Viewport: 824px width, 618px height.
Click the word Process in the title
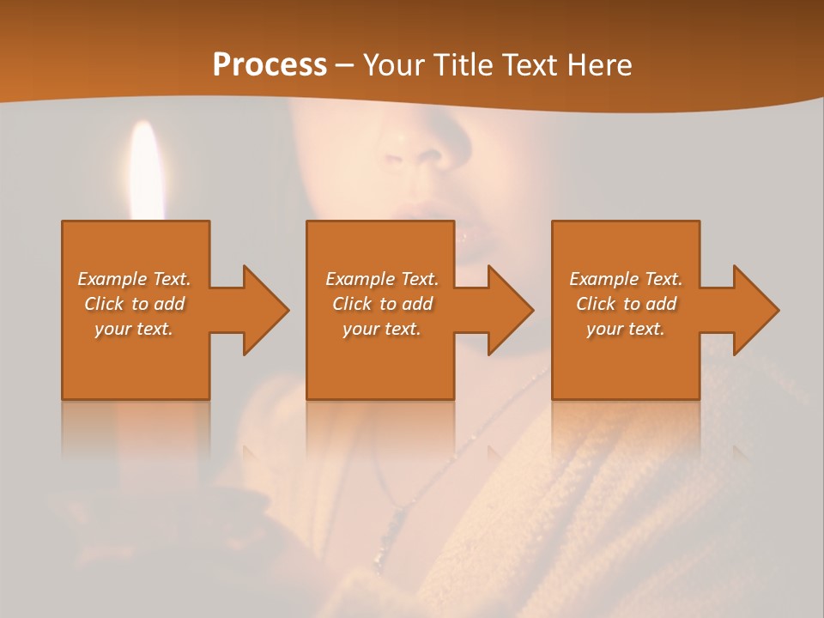coord(270,65)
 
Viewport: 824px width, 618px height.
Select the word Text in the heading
coord(529,65)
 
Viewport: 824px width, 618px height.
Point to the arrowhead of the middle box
coord(509,310)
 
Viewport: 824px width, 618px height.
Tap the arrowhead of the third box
coord(754,310)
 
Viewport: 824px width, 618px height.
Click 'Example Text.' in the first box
coord(134,279)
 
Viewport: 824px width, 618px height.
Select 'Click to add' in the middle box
coord(382,304)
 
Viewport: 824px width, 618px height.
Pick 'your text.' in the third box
coord(626,329)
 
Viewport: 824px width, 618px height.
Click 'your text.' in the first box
coord(134,329)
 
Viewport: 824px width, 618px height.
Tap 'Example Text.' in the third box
coord(626,279)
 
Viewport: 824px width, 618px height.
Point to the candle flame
coord(147,167)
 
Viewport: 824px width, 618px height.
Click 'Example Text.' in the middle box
coord(382,279)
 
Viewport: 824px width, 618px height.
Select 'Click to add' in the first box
coord(134,304)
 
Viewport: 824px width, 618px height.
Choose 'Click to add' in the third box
coord(626,304)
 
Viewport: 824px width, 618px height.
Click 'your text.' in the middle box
coord(382,329)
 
